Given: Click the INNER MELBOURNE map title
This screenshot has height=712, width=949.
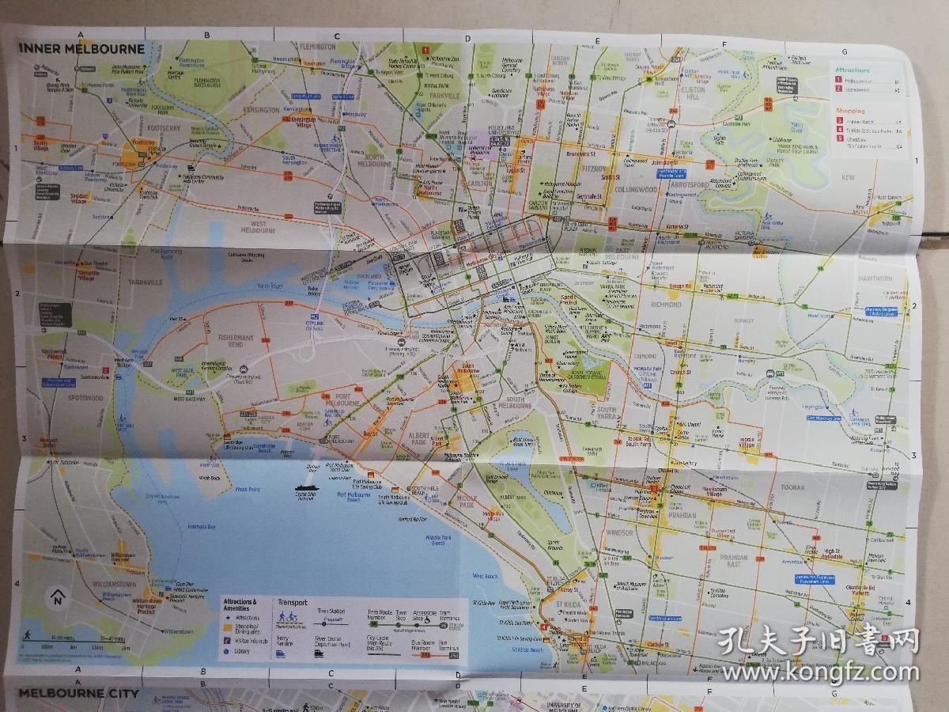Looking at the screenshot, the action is tap(82, 47).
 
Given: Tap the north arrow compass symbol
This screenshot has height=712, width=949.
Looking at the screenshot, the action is tap(57, 597).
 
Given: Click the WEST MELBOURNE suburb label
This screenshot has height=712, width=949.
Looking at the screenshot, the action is tap(252, 230).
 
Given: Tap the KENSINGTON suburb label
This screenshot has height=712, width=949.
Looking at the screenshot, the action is tap(262, 111).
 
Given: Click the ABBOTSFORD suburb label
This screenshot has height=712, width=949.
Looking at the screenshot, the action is tap(686, 178).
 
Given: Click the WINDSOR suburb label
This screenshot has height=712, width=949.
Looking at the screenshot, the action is tap(619, 532).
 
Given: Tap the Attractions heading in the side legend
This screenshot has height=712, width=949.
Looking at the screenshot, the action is tap(852, 70).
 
